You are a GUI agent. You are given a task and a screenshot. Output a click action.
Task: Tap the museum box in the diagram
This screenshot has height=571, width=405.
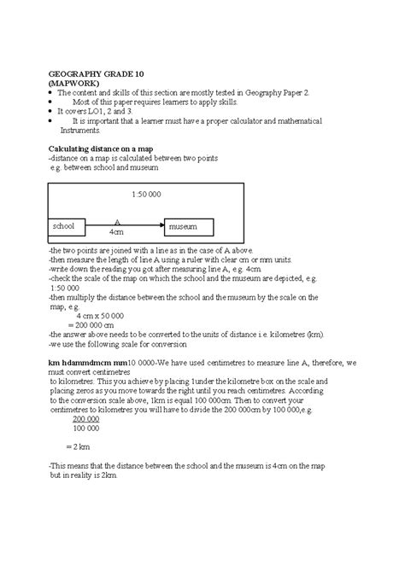(x=188, y=227)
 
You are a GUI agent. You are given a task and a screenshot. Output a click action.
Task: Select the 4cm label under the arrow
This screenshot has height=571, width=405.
(x=116, y=232)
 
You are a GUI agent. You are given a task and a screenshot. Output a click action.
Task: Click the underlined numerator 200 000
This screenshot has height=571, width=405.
(x=87, y=420)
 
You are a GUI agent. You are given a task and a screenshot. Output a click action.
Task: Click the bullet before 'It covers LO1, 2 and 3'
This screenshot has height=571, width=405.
(x=51, y=112)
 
